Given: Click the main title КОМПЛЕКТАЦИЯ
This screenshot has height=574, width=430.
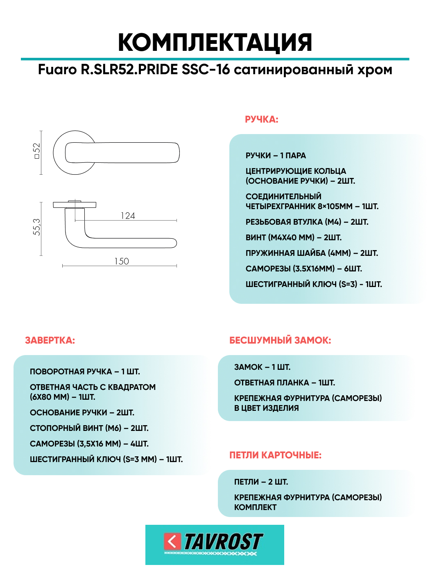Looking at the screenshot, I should pyautogui.click(x=215, y=42).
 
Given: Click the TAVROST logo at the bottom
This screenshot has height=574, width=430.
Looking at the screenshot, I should pyautogui.click(x=215, y=544).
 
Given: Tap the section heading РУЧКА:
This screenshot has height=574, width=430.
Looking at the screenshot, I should pyautogui.click(x=261, y=119).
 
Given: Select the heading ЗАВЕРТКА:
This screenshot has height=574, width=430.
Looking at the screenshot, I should pyautogui.click(x=50, y=340).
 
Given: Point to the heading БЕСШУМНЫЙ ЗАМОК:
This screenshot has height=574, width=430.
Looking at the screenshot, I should pyautogui.click(x=280, y=340).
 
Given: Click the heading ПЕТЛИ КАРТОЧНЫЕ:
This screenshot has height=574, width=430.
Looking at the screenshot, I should pyautogui.click(x=275, y=455).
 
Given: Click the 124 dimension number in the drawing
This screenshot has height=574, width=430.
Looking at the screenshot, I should pyautogui.click(x=128, y=216).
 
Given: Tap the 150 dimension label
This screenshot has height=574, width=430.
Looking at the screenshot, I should pyautogui.click(x=122, y=261).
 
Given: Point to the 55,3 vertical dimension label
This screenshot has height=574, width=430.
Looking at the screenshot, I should pyautogui.click(x=37, y=227).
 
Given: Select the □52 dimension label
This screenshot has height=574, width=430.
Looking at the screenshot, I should pyautogui.click(x=37, y=151).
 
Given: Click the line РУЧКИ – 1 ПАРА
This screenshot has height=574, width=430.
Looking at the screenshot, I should pyautogui.click(x=276, y=156).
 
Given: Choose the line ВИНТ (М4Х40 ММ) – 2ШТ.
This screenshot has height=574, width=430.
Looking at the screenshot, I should pyautogui.click(x=293, y=238).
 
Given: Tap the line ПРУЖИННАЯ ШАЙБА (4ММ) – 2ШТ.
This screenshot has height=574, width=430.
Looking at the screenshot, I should pyautogui.click(x=312, y=253).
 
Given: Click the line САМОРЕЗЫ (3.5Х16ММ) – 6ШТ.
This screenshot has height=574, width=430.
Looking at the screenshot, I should pyautogui.click(x=303, y=269).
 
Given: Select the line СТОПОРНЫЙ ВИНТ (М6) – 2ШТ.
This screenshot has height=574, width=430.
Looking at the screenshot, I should pyautogui.click(x=89, y=428).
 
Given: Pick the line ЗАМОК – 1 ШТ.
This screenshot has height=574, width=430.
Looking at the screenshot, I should pyautogui.click(x=262, y=367).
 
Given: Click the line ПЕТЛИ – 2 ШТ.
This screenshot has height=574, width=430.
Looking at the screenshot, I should pyautogui.click(x=261, y=482).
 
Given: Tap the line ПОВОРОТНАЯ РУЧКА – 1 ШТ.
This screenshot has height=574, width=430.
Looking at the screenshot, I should pyautogui.click(x=85, y=372).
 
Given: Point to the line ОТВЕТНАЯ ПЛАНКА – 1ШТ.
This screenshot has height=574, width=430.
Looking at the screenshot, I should pyautogui.click(x=284, y=383).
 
